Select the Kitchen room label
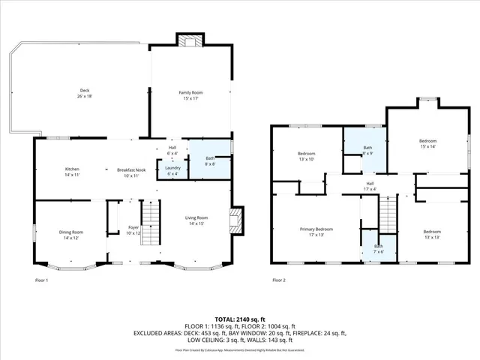point(71,172)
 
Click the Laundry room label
point(172,170)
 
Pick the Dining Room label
point(71,235)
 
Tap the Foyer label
point(133,229)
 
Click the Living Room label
point(196,221)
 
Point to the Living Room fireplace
point(236,220)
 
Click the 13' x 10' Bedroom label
point(306,156)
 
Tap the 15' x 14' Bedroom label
point(427,144)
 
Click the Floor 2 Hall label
point(370,186)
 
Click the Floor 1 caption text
point(42,280)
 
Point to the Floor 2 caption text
point(278,280)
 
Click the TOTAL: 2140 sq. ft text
point(239,319)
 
